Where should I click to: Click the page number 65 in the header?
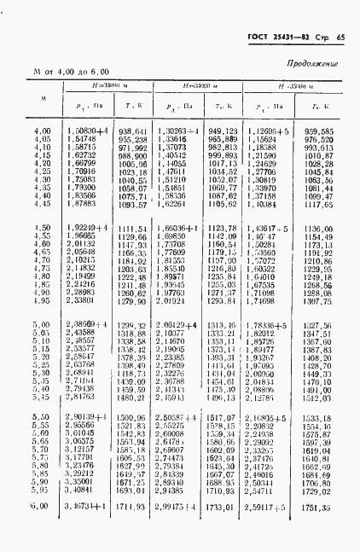[x=340, y=38]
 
